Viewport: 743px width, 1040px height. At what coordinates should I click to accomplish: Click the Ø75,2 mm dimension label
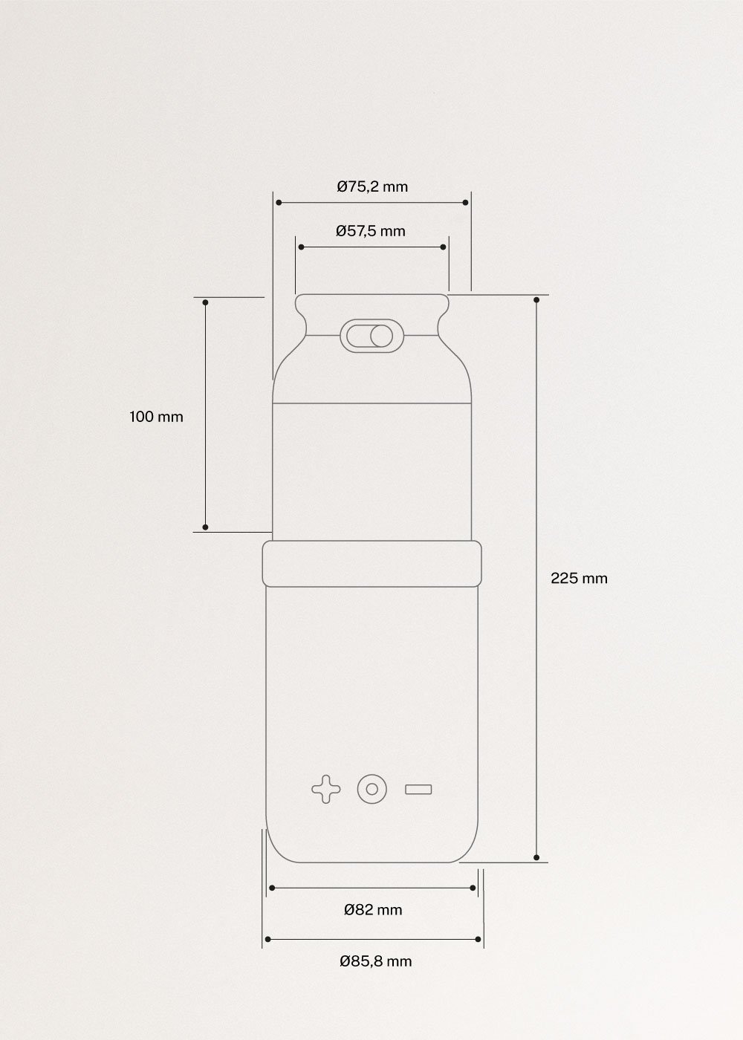[372, 186]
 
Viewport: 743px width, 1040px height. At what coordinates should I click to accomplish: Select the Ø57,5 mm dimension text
[371, 231]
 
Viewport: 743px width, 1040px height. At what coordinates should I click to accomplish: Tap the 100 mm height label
[156, 417]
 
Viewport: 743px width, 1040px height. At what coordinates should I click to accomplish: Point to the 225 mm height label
[579, 578]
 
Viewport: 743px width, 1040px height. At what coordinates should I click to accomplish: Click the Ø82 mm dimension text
[373, 910]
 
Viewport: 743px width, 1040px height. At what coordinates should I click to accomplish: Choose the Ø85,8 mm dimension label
[375, 961]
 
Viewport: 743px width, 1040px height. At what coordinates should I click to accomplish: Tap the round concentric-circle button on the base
[372, 789]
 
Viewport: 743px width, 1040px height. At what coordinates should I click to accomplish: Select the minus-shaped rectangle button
[419, 789]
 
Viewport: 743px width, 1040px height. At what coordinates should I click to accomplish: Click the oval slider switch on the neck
[370, 336]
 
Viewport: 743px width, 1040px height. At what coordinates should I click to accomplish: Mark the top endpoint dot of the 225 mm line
[536, 299]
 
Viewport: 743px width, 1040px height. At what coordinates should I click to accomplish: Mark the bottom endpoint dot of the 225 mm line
[536, 857]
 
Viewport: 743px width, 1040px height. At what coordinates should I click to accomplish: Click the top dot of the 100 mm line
[206, 302]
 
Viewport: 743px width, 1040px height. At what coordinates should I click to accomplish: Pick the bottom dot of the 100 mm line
[206, 527]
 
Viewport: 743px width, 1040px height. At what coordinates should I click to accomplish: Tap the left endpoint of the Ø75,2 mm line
[278, 202]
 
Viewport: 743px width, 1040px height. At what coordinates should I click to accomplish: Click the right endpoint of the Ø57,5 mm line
[444, 247]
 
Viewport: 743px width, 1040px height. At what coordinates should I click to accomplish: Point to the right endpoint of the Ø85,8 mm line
[478, 939]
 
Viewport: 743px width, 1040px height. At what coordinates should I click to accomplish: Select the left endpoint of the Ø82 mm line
[272, 888]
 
